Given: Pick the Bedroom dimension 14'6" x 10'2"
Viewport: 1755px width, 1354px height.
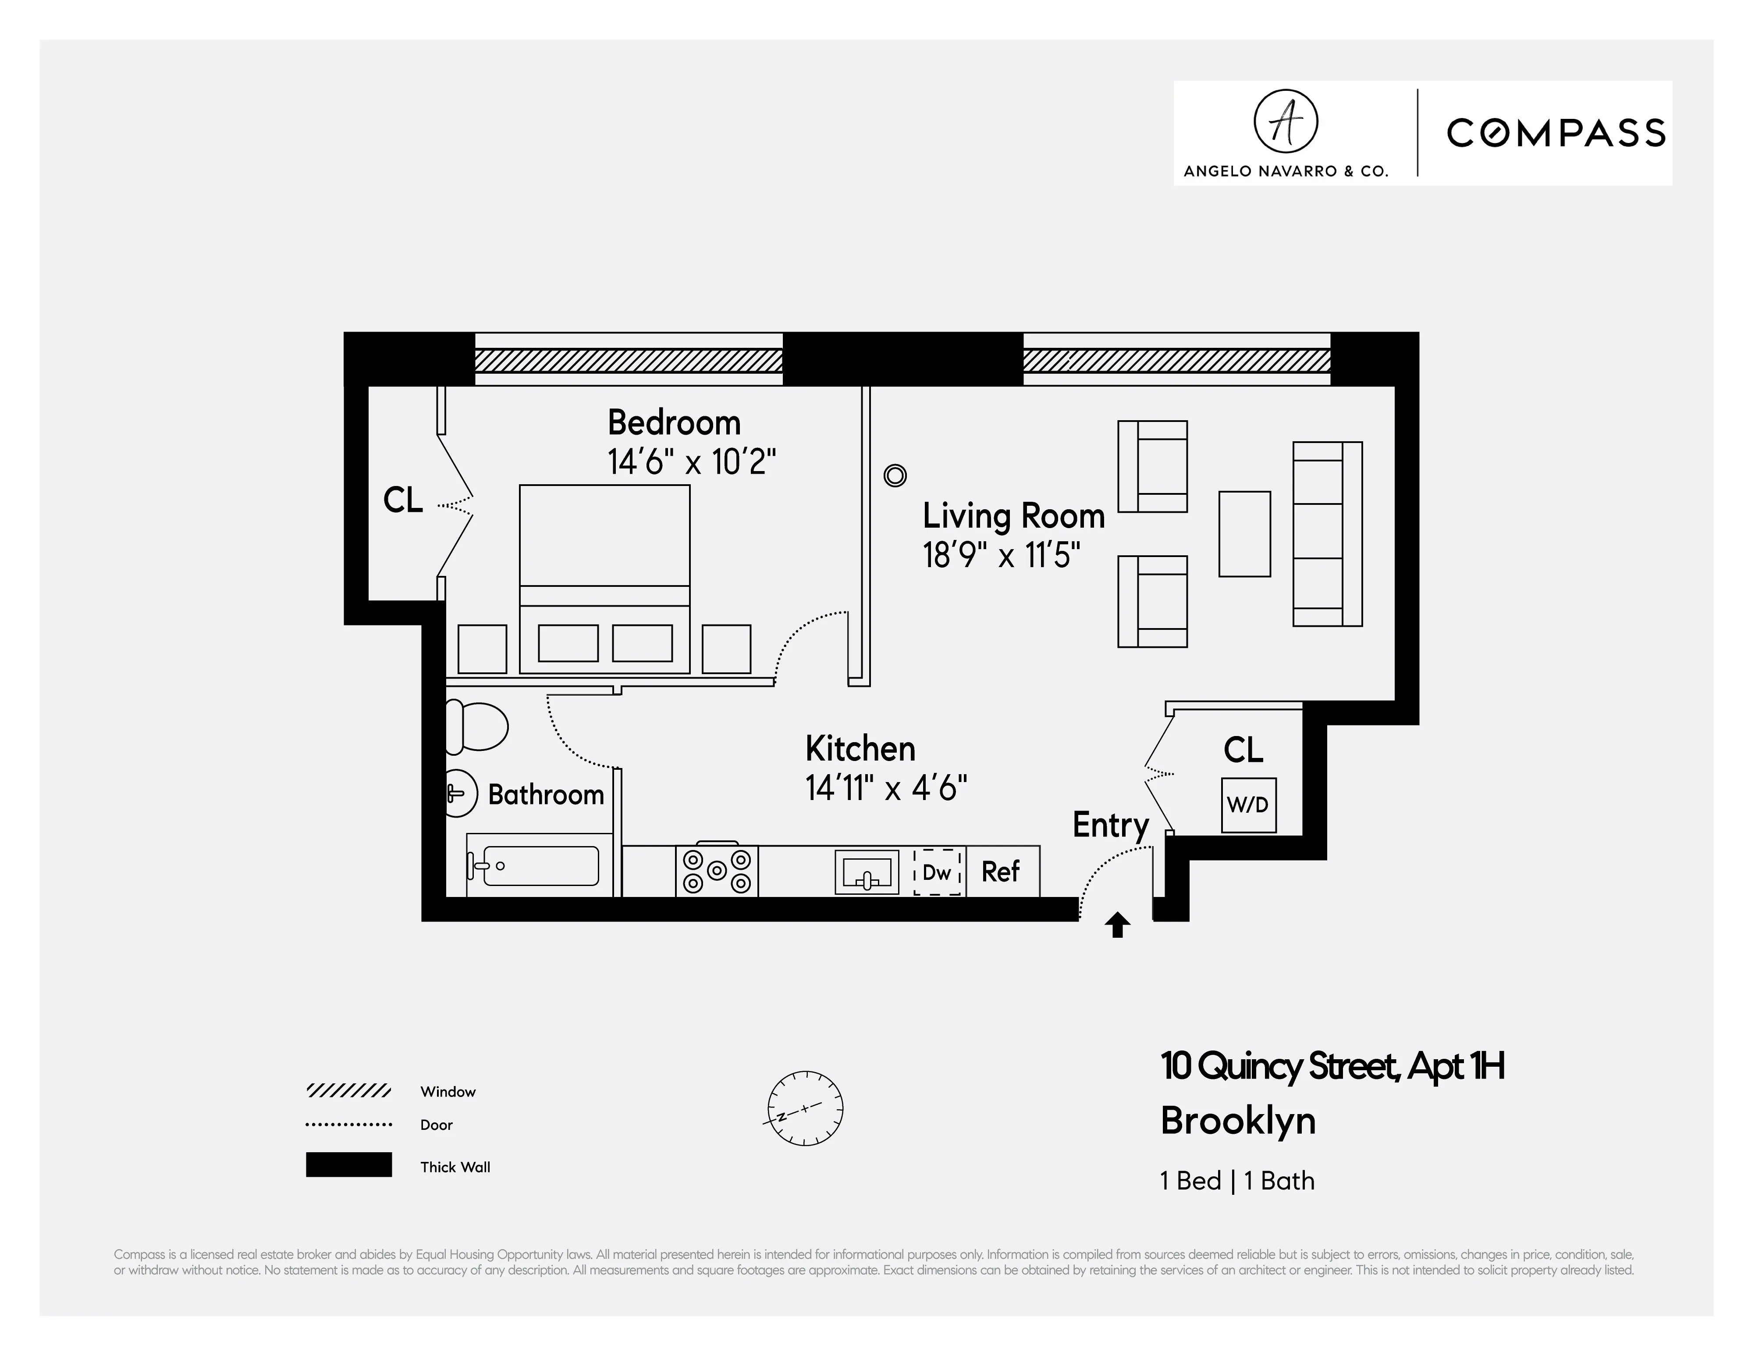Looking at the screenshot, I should (691, 462).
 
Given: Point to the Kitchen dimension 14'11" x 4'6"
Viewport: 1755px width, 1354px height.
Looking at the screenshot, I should (885, 788).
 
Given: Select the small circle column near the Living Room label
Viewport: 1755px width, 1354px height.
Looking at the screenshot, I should (894, 476).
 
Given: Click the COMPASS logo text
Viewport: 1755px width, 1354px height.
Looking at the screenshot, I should (1555, 133).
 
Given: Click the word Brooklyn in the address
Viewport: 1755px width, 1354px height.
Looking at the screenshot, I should (1237, 1121).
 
